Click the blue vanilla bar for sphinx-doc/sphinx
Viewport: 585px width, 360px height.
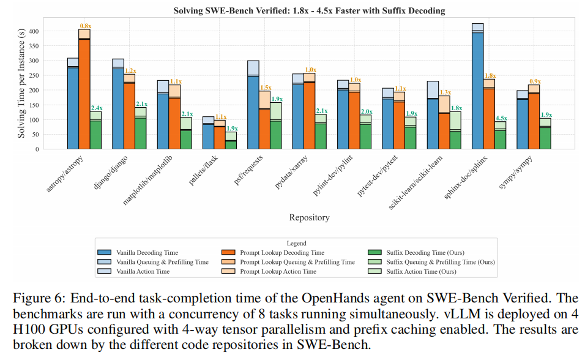click(x=477, y=92)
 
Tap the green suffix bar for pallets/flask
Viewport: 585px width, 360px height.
click(x=231, y=144)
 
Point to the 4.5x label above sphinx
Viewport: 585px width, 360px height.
click(x=501, y=118)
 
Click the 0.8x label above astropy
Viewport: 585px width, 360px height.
click(x=84, y=26)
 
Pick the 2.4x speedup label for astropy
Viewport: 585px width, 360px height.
click(x=96, y=108)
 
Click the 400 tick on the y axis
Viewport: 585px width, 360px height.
click(x=34, y=31)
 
